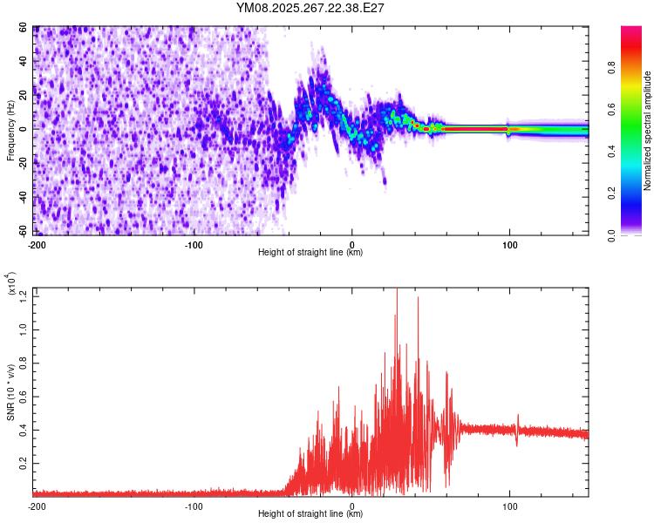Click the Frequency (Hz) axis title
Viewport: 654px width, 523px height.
click(11, 131)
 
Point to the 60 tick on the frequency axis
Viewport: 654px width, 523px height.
click(26, 28)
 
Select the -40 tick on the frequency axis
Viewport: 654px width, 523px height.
click(24, 197)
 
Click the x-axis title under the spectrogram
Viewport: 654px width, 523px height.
click(310, 253)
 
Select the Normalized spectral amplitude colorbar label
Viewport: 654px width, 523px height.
click(647, 131)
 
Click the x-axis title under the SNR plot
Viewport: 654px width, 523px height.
click(310, 514)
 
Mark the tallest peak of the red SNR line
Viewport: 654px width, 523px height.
click(397, 290)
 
